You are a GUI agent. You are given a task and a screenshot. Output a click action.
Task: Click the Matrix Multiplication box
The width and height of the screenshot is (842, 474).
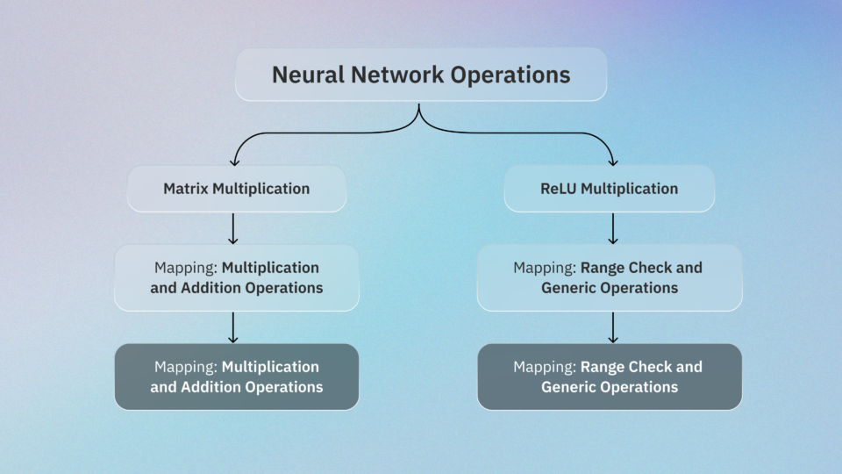(x=236, y=189)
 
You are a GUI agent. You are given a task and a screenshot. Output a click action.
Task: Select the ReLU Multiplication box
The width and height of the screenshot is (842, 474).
(x=609, y=189)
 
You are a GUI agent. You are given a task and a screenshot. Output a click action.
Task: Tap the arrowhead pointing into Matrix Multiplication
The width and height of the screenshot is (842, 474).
(x=234, y=161)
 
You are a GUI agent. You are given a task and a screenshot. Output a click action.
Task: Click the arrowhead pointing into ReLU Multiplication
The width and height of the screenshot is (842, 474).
(x=613, y=161)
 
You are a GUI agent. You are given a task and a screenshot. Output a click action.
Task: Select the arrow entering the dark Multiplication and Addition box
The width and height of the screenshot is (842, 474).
(x=233, y=327)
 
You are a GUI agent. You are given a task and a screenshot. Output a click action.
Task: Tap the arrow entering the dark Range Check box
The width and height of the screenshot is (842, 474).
(x=613, y=327)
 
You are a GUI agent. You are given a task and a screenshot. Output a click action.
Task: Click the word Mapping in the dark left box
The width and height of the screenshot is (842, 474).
(x=185, y=367)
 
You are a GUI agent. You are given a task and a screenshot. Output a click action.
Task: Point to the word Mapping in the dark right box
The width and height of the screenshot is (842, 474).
(x=545, y=367)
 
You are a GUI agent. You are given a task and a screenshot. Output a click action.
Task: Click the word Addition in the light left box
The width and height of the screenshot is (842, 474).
(x=208, y=288)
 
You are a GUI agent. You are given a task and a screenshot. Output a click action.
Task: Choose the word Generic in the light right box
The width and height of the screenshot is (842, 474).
(x=570, y=288)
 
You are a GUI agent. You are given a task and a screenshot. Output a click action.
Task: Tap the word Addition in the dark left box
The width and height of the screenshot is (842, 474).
(x=208, y=387)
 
